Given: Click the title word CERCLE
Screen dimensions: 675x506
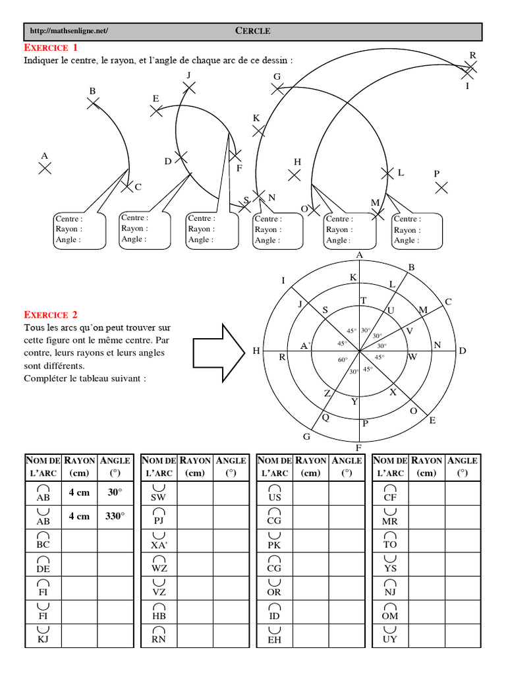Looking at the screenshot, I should tap(253, 31).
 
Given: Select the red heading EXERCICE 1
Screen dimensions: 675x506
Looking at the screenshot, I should tap(51, 48).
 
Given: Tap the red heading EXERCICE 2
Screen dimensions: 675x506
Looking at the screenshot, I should tap(51, 315).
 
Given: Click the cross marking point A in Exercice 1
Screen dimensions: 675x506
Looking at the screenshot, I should tap(45, 168).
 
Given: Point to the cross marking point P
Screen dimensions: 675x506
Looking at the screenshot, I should tap(441, 187).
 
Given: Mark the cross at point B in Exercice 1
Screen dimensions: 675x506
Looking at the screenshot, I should tap(93, 103).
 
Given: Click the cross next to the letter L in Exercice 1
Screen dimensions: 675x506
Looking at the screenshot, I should tap(387, 173).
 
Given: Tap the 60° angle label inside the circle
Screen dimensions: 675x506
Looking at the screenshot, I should tap(343, 360).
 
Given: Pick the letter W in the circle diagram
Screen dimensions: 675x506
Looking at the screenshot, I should tap(413, 357).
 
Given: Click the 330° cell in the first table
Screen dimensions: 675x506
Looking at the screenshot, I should tap(115, 517).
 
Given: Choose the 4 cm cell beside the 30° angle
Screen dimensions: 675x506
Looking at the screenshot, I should tap(79, 492).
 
